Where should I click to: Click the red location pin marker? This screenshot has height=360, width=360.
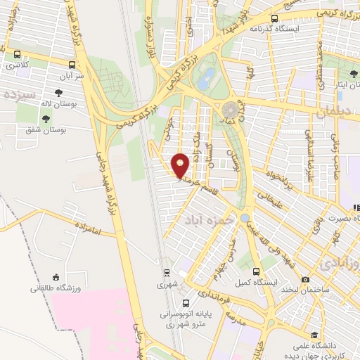coord(181,165)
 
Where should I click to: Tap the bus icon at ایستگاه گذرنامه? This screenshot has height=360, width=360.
coord(274,19)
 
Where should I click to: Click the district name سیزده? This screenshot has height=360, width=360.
coord(18,94)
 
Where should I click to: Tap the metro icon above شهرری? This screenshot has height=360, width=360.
coord(167,273)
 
